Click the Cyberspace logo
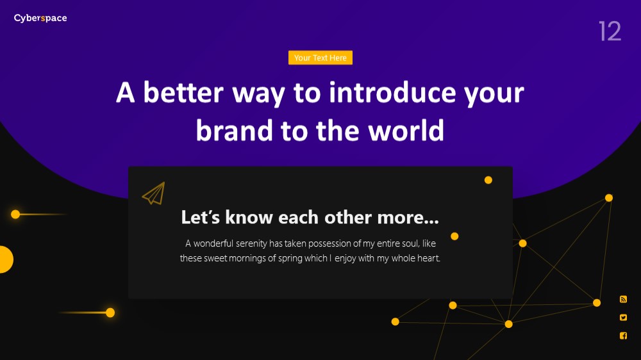point(40,19)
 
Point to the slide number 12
point(610,31)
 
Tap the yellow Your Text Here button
point(320,58)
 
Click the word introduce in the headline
point(392,92)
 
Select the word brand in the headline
point(234,130)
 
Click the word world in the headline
point(406,130)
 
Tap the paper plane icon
point(154,193)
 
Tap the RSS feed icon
point(624,299)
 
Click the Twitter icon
point(624,318)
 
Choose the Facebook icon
point(624,336)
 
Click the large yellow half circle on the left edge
point(6,259)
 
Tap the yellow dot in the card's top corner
point(488,180)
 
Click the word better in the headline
point(183,92)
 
